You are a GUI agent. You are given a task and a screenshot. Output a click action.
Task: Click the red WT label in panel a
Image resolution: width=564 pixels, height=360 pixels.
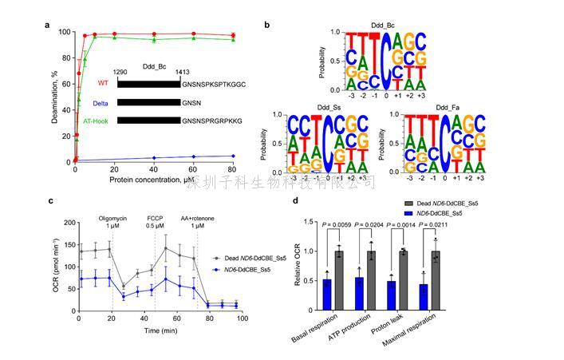point(101,83)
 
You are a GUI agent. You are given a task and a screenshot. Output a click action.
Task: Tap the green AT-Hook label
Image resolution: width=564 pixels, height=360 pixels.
point(97,121)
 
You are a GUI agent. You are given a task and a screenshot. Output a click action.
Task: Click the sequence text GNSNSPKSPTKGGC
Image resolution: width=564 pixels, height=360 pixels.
point(213,83)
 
